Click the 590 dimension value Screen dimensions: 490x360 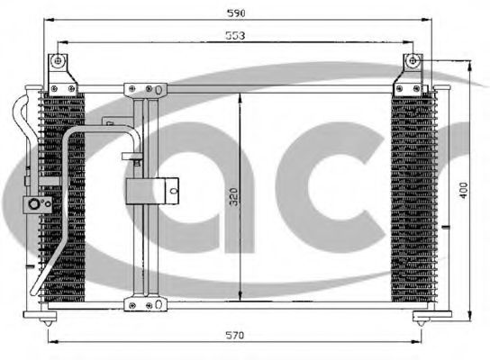click(x=236, y=13)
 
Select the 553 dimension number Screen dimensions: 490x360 click(x=235, y=36)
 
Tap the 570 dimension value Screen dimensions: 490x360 click(x=235, y=336)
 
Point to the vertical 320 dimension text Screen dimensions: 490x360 click(x=234, y=197)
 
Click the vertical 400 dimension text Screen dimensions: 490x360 click(x=464, y=190)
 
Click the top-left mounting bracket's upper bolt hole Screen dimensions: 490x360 click(x=58, y=61)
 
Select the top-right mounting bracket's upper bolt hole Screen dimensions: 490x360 click(x=413, y=61)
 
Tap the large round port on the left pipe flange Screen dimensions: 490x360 click(x=33, y=204)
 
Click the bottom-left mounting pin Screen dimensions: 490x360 click(x=48, y=321)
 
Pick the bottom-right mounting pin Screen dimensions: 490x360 click(x=421, y=321)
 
